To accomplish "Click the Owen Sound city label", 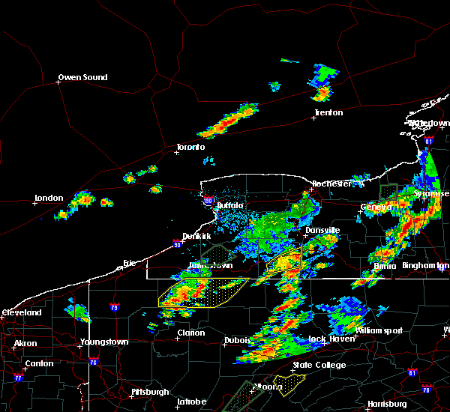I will (83, 77).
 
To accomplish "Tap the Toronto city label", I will (190, 147).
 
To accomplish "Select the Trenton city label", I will (328, 112).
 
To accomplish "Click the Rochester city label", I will (331, 183).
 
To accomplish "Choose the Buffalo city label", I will (229, 205).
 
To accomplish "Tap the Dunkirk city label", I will (197, 235).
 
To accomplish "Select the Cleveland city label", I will (21, 312).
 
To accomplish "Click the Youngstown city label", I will (104, 342).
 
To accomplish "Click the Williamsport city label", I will (379, 330).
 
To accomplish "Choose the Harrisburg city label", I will (387, 404).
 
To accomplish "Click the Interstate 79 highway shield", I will (114, 307).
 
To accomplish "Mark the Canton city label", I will (39, 363).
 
